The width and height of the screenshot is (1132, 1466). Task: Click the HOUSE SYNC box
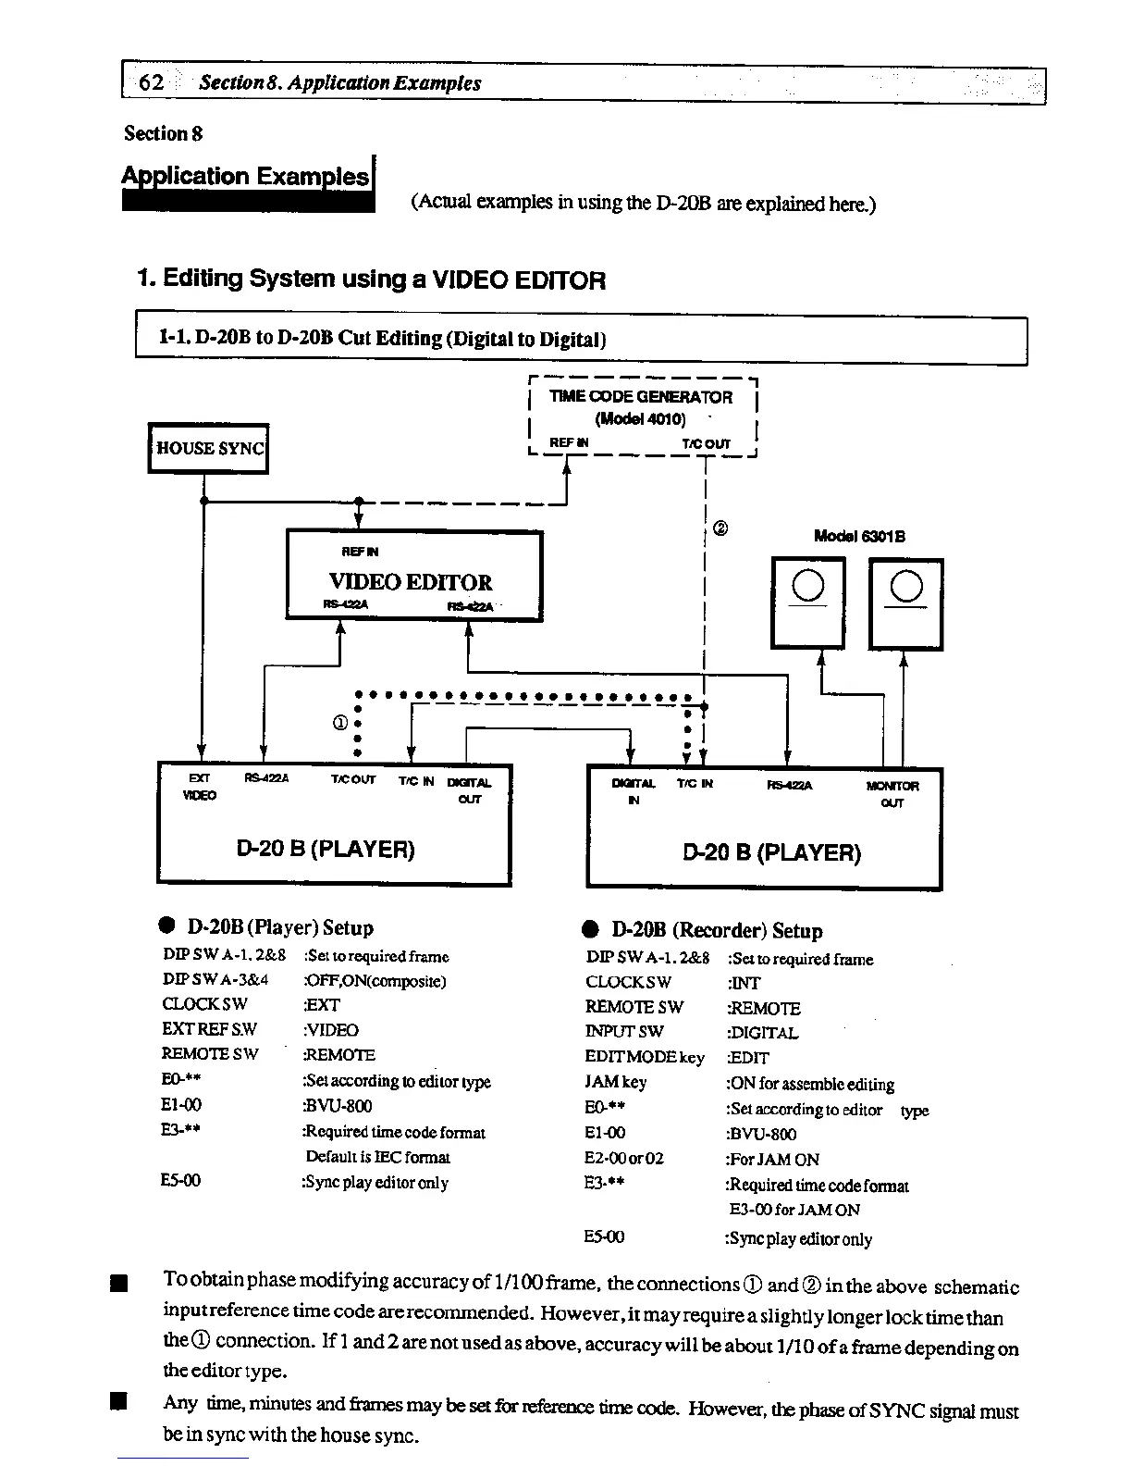pos(209,449)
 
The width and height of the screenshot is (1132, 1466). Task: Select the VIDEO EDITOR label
pos(411,582)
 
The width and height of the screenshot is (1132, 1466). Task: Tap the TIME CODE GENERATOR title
pos(640,397)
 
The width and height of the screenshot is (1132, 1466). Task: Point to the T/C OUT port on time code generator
pos(706,443)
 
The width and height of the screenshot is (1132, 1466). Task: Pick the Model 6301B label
pos(859,536)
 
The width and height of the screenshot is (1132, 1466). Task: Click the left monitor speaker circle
pos(808,586)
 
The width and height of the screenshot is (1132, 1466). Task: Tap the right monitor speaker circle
pos(906,587)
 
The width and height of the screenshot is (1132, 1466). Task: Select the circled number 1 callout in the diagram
pos(339,721)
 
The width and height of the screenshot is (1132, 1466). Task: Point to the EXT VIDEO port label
pos(200,787)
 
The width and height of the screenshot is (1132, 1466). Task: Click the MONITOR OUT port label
pos(892,794)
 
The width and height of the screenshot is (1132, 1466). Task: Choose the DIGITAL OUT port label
pos(469,790)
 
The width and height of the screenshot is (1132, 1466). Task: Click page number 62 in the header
pos(150,82)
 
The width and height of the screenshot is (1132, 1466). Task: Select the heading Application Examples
pos(248,177)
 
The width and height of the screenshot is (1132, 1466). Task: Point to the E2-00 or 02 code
pos(624,1159)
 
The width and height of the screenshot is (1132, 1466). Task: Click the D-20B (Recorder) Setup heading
pos(717,930)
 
